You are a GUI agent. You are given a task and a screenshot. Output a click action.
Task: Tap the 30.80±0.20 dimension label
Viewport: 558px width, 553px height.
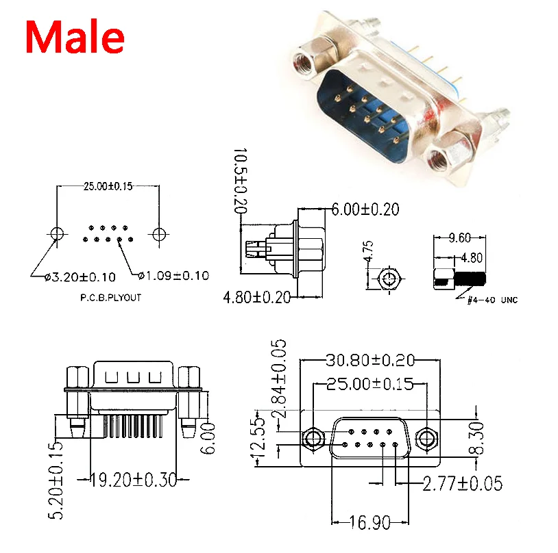click(370, 360)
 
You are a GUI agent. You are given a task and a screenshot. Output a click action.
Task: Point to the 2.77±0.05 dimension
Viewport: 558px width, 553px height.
click(462, 484)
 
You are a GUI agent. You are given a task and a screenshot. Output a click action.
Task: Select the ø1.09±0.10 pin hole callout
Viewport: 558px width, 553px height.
click(173, 276)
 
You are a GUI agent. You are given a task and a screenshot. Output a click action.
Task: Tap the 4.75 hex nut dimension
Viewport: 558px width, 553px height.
click(368, 253)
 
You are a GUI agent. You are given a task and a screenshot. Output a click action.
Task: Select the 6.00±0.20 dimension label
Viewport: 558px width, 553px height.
click(365, 209)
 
